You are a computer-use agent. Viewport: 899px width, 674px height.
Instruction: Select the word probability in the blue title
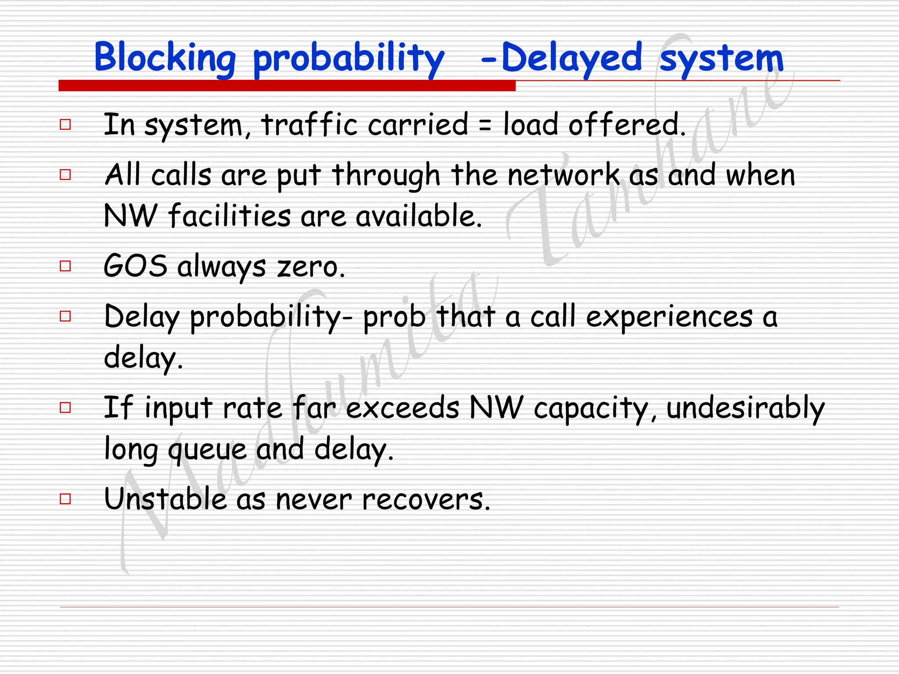pos(349,59)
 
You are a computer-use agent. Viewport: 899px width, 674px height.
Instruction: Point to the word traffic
pos(309,125)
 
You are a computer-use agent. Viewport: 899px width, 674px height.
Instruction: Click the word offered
pos(626,125)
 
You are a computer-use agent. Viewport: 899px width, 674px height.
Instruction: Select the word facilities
pos(229,216)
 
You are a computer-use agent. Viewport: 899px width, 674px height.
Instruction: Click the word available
pos(419,216)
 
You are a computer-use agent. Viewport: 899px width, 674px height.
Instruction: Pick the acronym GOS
pos(135,266)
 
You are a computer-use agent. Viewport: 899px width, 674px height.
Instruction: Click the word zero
pos(311,267)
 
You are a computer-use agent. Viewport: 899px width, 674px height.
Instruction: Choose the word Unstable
pos(165,499)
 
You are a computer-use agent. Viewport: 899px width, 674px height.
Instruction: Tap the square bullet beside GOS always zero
pos(65,266)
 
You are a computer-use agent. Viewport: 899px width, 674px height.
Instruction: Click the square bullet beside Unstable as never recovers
pos(65,499)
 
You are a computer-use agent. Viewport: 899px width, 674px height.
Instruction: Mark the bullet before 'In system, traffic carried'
pos(65,125)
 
